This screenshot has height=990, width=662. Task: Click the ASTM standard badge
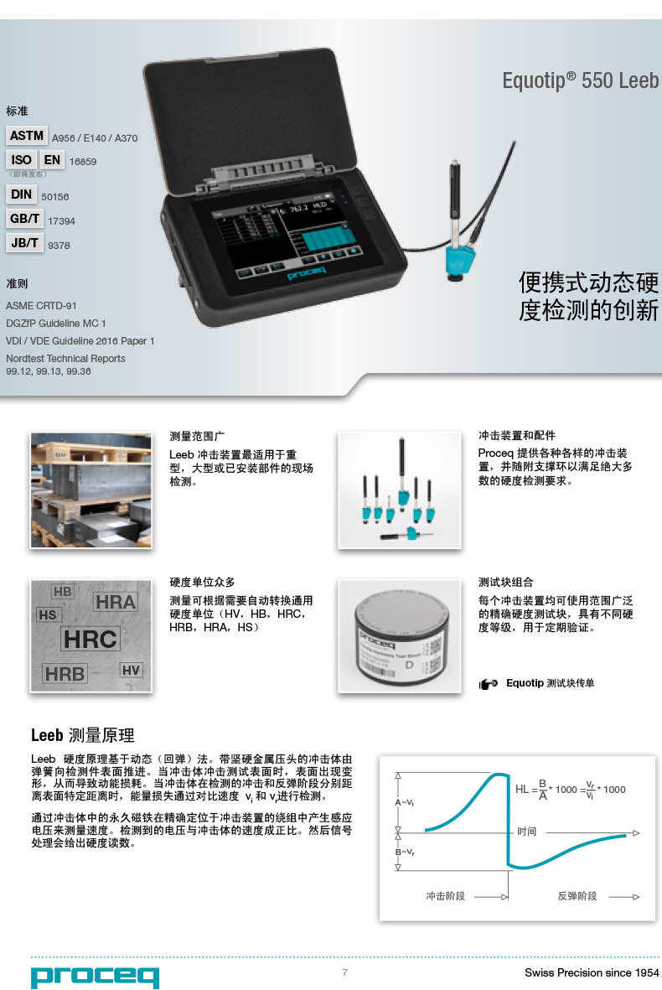27,136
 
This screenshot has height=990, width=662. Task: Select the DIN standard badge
22,194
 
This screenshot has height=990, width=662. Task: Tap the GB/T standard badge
25,219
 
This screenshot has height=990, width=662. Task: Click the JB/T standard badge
25,243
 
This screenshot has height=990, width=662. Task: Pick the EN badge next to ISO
52,159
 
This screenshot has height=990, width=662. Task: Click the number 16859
83,162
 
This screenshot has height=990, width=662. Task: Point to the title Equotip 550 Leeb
580,80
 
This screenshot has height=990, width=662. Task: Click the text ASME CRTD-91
41,306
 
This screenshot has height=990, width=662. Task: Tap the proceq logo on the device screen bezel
312,274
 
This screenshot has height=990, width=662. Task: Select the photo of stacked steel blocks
91,490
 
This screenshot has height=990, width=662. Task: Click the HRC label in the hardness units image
91,639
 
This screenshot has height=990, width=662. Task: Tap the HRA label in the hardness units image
115,602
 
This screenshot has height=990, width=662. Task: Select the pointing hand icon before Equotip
489,684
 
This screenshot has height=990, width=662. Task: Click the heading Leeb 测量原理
82,736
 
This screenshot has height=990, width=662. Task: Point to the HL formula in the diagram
570,789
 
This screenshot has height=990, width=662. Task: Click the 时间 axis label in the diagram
526,832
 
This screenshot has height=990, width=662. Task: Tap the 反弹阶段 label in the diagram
577,896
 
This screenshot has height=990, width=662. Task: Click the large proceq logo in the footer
95,976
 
